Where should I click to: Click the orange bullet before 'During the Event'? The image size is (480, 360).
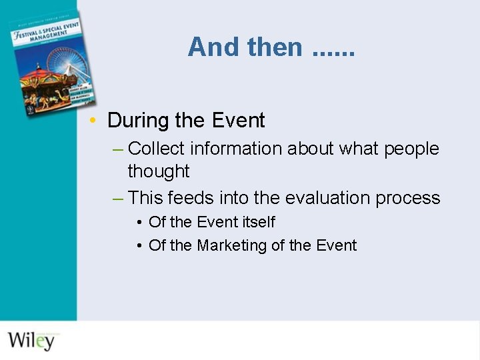[97, 121]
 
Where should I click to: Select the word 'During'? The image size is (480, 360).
[138, 121]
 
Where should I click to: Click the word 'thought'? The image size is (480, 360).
[159, 171]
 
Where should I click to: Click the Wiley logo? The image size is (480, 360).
[31, 340]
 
